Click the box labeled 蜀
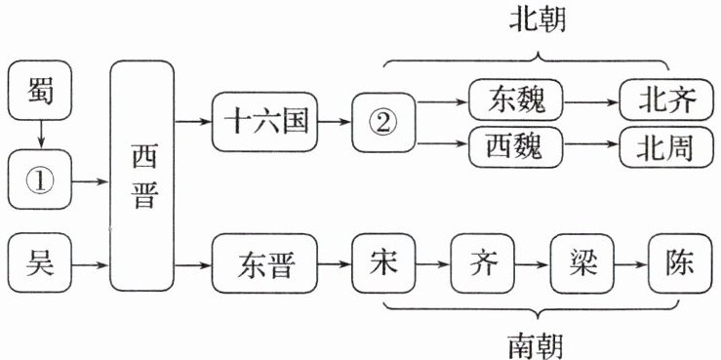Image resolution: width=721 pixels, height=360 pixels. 40,90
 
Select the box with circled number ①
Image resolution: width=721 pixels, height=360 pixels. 40,180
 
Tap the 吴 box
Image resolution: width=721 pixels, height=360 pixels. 40,262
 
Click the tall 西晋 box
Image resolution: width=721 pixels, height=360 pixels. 142,176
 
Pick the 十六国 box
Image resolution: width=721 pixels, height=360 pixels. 264,122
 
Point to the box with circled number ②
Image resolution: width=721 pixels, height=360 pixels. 384,122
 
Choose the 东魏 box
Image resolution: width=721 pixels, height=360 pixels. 516,100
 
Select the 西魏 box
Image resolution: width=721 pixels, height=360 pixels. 516,147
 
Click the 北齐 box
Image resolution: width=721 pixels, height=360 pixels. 666,100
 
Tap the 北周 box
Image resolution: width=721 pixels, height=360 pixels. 666,147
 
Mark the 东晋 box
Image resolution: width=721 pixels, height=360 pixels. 264,263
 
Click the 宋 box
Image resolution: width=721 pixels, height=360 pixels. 384,263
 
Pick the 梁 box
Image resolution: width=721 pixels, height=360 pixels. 582,263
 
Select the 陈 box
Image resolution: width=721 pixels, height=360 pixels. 680,263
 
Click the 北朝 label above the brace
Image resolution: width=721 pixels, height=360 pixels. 538,20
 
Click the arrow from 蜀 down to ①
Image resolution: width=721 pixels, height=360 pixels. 40,135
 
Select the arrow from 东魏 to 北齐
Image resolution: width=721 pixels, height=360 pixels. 591,102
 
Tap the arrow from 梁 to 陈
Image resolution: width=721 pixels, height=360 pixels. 631,264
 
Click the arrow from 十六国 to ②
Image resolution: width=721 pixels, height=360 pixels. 335,122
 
